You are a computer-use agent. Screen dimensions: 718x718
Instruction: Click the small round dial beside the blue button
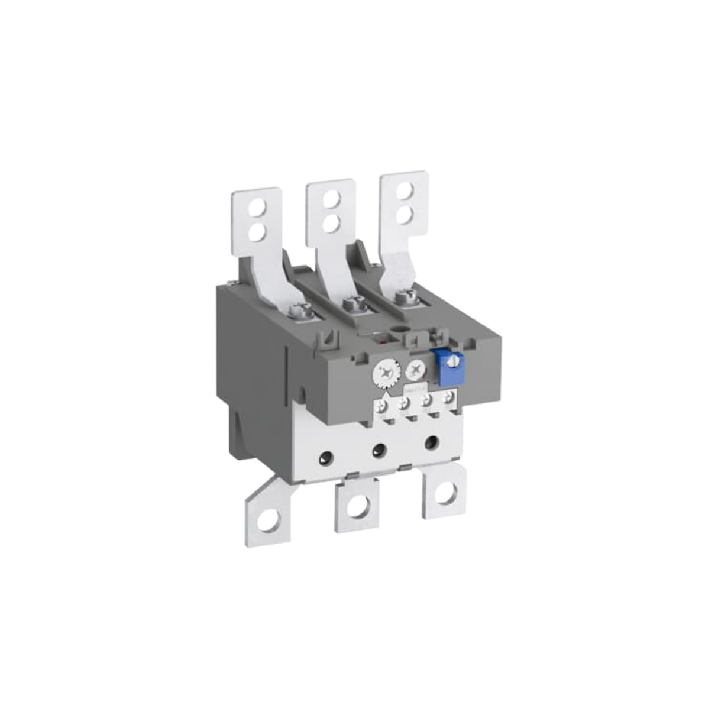coord(416,370)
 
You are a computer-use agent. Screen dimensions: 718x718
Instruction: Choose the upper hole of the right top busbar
coord(405,190)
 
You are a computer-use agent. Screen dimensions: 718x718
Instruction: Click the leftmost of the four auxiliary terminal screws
coord(383,406)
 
